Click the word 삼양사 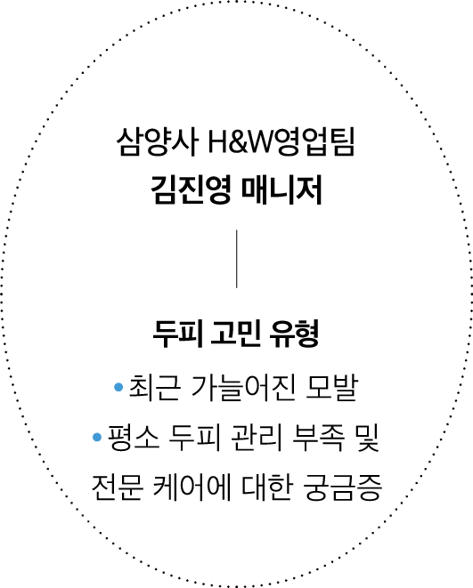[158, 142]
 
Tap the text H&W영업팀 [281, 142]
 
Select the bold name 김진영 [191, 189]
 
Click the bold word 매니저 [281, 189]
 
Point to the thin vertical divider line [237, 259]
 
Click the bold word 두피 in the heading [178, 334]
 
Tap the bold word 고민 [235, 334]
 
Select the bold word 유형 [294, 334]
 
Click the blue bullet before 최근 [118, 387]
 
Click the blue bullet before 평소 [97, 437]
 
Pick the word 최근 [155, 387]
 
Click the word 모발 [331, 387]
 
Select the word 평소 [134, 438]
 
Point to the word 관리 [256, 438]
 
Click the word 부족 [318, 438]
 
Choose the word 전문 [118, 487]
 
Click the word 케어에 [192, 487]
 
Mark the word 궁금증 [342, 487]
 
